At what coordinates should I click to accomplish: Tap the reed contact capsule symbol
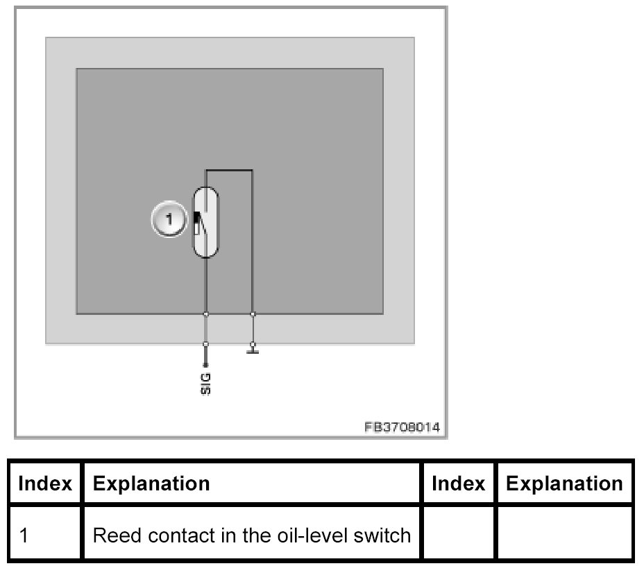pyautogui.click(x=205, y=222)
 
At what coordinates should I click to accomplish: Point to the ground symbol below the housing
pyautogui.click(x=253, y=349)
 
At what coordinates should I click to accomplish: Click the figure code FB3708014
pyautogui.click(x=402, y=427)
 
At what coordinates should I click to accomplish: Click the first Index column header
pyautogui.click(x=44, y=483)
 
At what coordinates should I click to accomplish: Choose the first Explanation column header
pyautogui.click(x=151, y=483)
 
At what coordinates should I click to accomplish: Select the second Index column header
pyautogui.click(x=458, y=483)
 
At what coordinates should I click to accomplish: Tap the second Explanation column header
pyautogui.click(x=564, y=483)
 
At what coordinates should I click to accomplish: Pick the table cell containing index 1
pyautogui.click(x=44, y=535)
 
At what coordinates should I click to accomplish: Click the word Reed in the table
pyautogui.click(x=111, y=535)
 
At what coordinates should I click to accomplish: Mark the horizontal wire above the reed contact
pyautogui.click(x=229, y=169)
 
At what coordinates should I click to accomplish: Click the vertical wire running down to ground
pyautogui.click(x=253, y=243)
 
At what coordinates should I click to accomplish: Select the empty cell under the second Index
pyautogui.click(x=458, y=535)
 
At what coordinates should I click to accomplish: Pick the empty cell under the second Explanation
pyautogui.click(x=564, y=535)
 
